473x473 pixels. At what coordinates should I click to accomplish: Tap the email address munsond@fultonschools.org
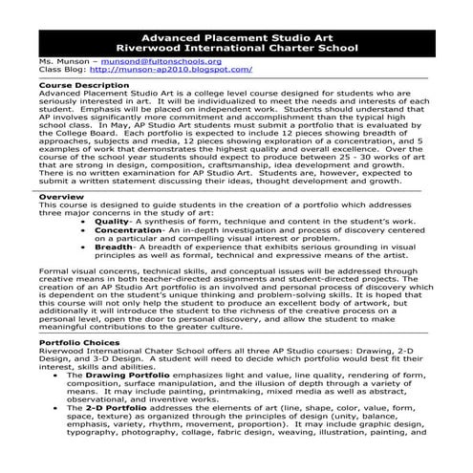point(154,61)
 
